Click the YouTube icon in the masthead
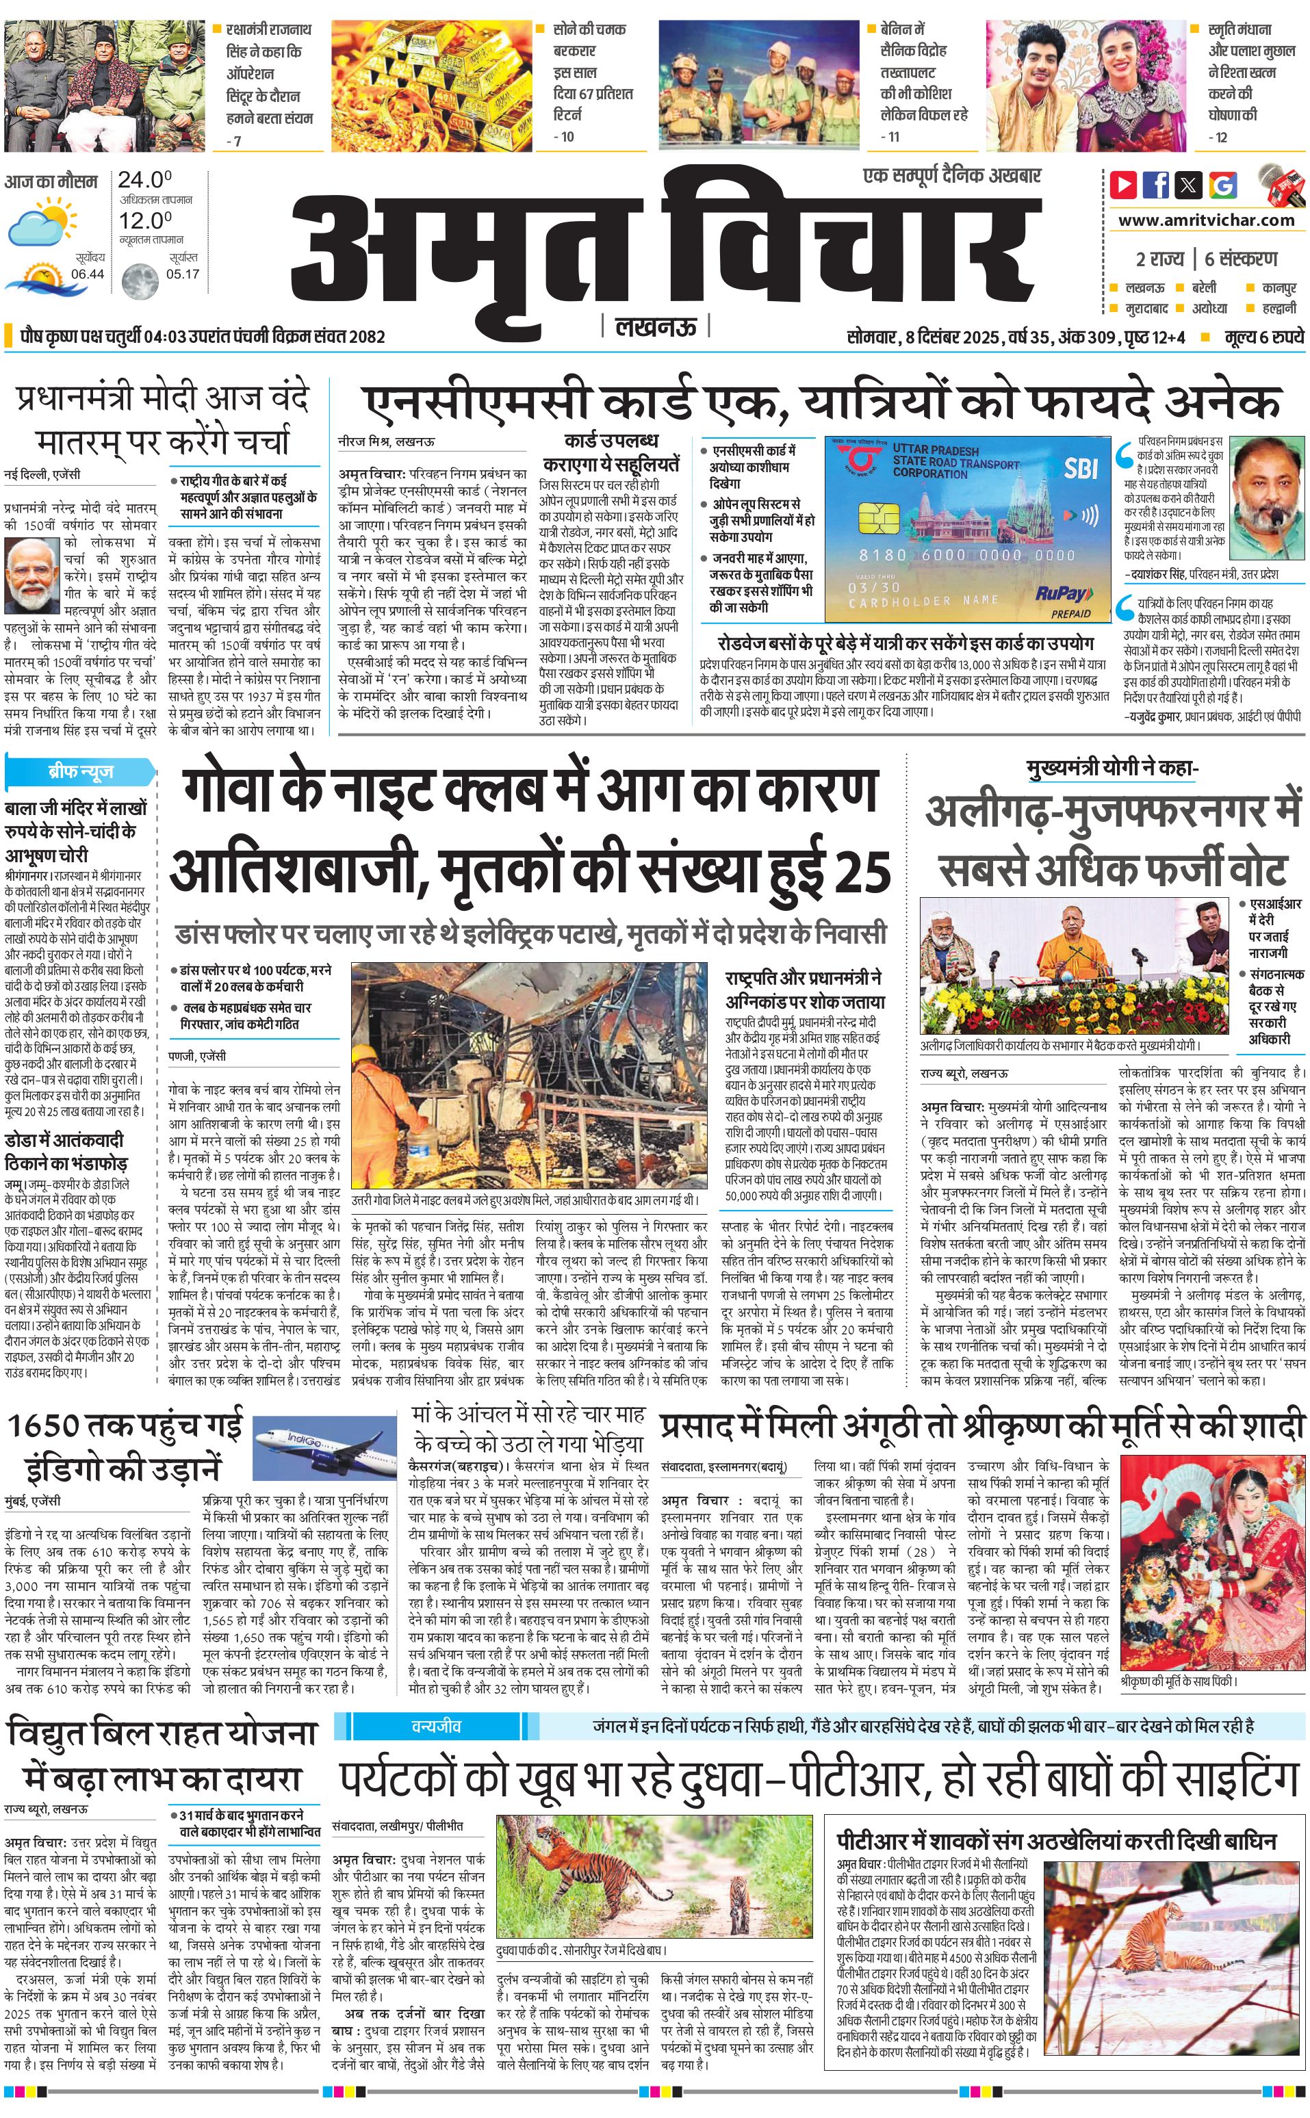pos(1124,185)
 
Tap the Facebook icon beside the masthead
pos(1156,185)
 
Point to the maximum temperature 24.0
pos(144,180)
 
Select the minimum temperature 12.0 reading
pos(144,221)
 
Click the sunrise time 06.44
pos(88,274)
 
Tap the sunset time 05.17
pos(183,274)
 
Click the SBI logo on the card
pos(1081,469)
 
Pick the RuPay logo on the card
pos(1062,593)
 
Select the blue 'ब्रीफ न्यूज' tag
pos(81,771)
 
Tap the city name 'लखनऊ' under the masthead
pos(656,326)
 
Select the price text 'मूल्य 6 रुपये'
pos(1264,337)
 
